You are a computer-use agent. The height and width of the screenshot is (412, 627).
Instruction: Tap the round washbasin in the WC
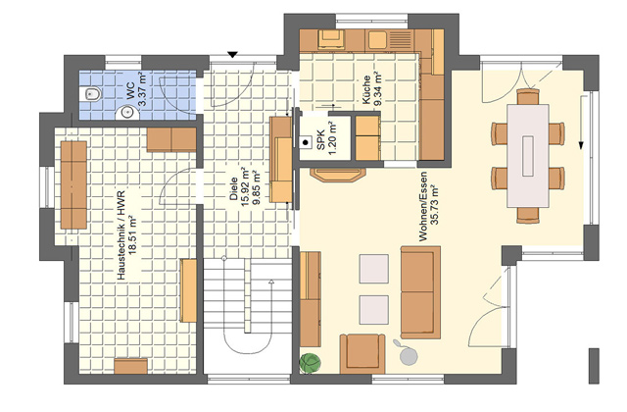tap(127, 113)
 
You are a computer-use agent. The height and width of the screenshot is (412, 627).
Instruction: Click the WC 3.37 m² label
tap(136, 89)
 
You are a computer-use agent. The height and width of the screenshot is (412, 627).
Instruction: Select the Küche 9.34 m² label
tap(371, 88)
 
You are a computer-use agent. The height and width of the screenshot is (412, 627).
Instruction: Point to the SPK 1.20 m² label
tap(326, 137)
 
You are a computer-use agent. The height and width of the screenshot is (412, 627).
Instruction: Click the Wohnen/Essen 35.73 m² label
tap(429, 206)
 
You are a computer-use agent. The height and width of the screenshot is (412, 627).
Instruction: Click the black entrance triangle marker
tap(232, 55)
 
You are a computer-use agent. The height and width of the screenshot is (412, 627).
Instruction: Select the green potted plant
tap(310, 363)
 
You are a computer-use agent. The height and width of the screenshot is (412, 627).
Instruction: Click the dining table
tap(528, 156)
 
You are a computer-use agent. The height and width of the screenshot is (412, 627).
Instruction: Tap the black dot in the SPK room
tap(306, 142)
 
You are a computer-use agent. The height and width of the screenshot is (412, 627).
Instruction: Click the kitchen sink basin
tap(376, 39)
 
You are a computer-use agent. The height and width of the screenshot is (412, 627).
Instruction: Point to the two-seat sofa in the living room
tap(420, 292)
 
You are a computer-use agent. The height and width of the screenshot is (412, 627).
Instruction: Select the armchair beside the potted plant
tap(362, 353)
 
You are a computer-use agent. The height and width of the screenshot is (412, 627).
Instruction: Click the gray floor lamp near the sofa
tap(407, 353)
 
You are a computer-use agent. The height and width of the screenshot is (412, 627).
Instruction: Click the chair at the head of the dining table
tap(528, 97)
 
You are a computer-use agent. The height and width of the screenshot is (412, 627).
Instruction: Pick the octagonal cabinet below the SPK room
tap(338, 175)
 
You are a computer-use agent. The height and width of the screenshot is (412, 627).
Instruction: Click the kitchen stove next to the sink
tap(331, 39)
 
